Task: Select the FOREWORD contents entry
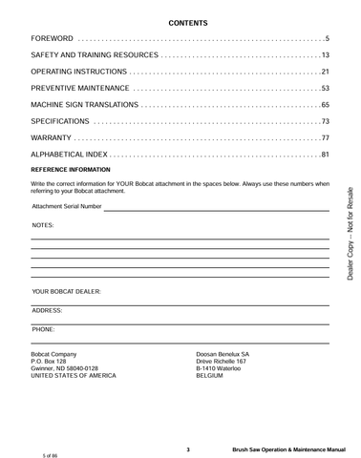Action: click(x=53, y=38)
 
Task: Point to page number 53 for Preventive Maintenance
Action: click(x=324, y=89)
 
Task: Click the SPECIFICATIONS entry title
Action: click(x=61, y=122)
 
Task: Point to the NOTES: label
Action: click(x=43, y=224)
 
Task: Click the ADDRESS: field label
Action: click(x=47, y=310)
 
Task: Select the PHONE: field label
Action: click(x=43, y=329)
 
